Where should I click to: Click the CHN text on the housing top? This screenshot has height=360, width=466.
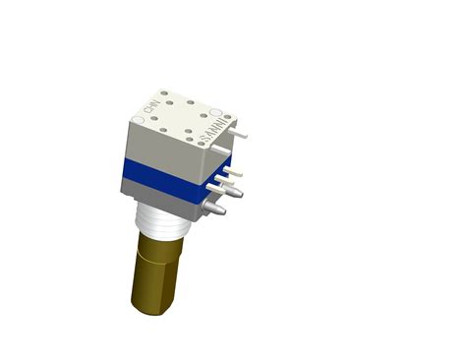(x=150, y=102)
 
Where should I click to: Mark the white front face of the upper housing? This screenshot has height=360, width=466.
(x=162, y=148)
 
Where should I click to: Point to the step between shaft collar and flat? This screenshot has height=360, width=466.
(x=147, y=254)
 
